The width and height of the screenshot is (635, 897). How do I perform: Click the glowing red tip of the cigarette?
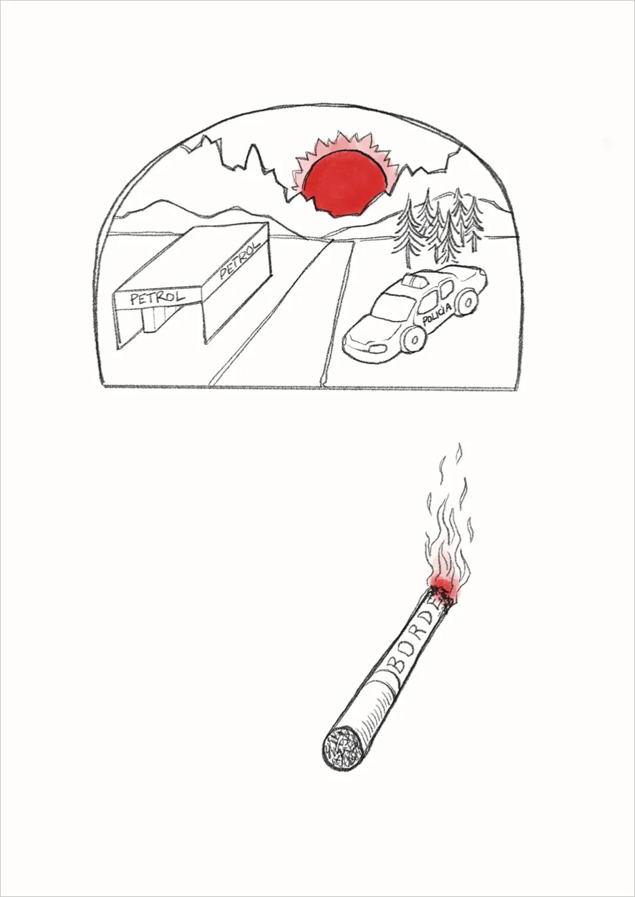pos(443,595)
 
